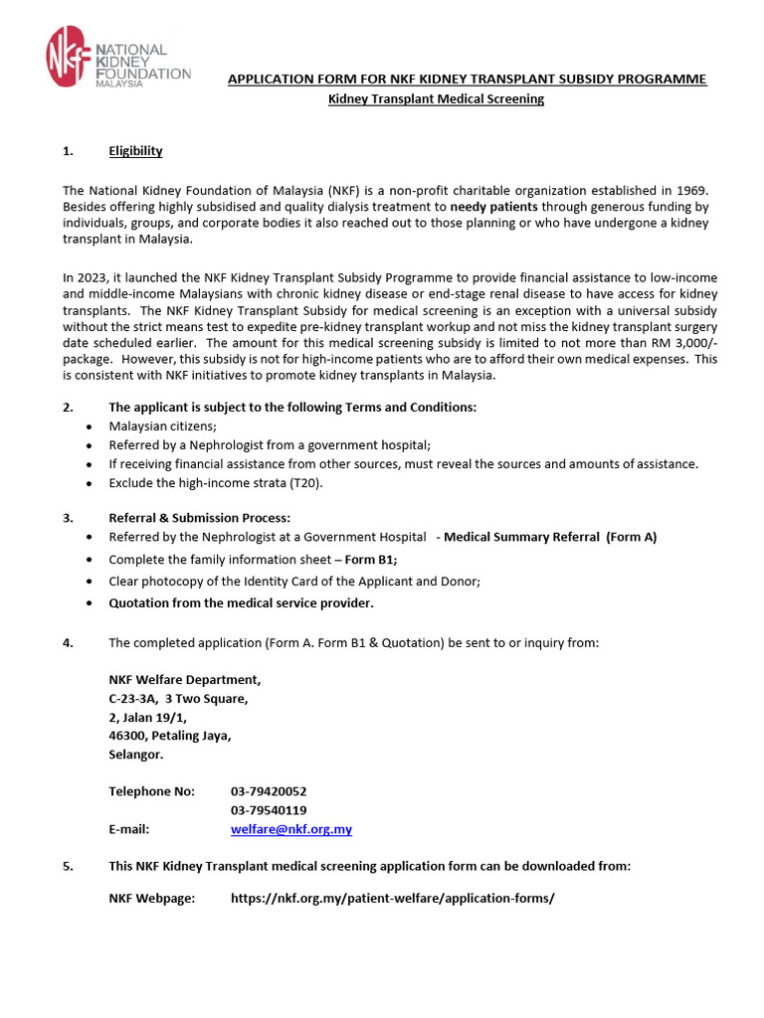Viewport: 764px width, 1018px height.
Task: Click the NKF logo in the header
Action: [117, 57]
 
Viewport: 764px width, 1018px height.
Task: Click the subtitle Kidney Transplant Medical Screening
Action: [437, 99]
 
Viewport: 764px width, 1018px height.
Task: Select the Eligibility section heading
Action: [135, 151]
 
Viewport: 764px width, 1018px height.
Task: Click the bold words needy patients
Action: [493, 207]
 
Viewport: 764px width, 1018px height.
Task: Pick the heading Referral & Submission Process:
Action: [199, 518]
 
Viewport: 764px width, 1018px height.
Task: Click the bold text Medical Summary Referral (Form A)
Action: [550, 537]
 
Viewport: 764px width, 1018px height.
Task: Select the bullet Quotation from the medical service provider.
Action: [242, 603]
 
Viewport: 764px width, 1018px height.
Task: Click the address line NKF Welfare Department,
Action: [185, 680]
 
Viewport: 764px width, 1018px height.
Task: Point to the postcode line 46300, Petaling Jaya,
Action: [170, 736]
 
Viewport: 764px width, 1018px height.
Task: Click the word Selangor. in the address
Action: [136, 755]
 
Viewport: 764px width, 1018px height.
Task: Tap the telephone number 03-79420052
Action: [269, 791]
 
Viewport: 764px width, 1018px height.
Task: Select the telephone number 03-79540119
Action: [269, 810]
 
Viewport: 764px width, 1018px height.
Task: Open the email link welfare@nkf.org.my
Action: [290, 829]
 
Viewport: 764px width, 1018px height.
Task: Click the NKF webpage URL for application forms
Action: [392, 898]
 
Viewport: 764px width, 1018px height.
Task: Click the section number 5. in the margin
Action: [68, 866]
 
